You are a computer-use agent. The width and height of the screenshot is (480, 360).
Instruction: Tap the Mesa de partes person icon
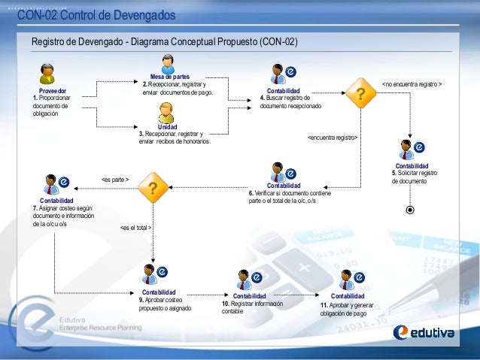click(x=169, y=64)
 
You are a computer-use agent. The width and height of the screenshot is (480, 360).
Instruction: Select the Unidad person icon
click(x=167, y=113)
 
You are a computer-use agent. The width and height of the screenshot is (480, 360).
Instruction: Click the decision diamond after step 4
click(x=363, y=94)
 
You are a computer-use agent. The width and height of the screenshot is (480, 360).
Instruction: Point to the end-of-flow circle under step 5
click(x=409, y=210)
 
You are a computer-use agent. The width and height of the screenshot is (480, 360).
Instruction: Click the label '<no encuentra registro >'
click(x=412, y=84)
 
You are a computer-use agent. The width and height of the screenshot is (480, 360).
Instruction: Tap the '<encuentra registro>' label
click(x=332, y=138)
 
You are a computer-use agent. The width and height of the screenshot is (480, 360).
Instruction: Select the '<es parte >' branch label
click(x=115, y=179)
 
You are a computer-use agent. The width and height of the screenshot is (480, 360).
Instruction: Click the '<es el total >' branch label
click(x=136, y=228)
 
